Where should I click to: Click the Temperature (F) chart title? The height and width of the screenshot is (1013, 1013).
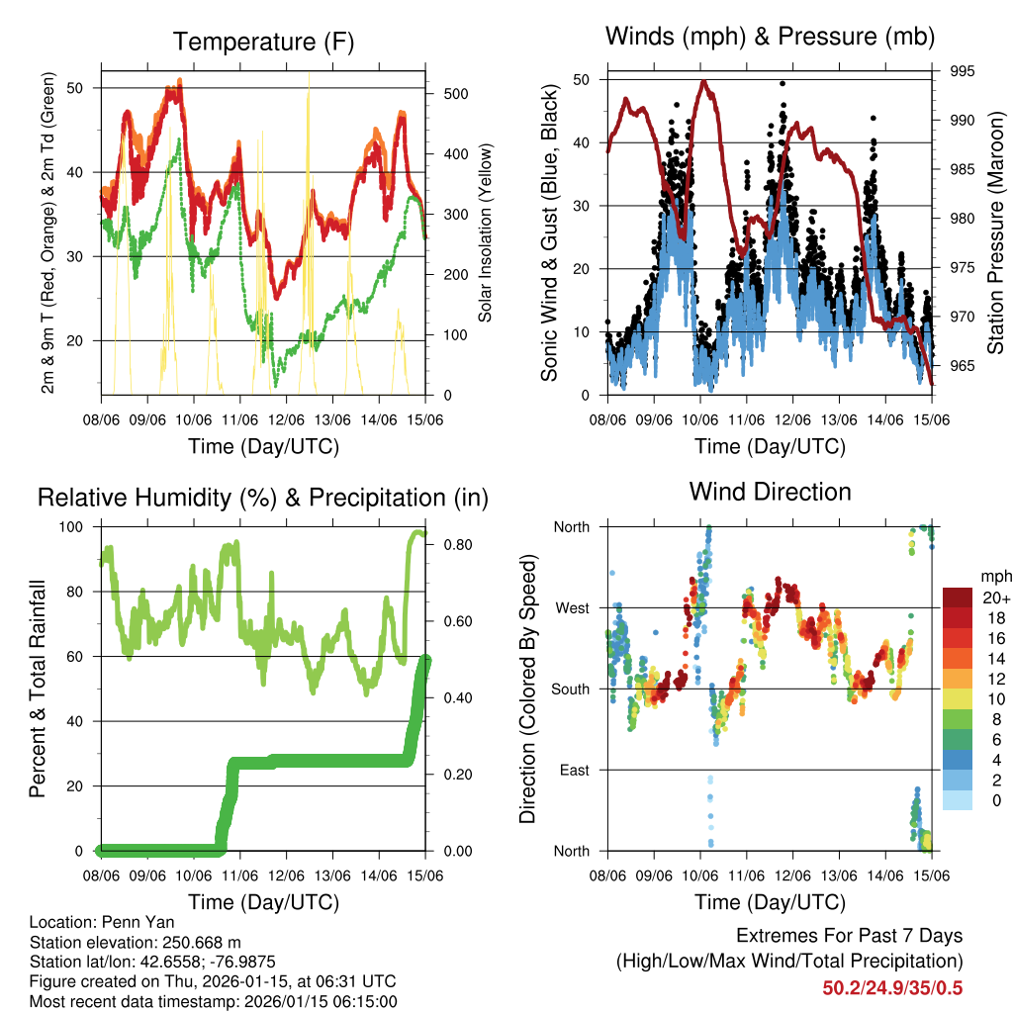point(263,42)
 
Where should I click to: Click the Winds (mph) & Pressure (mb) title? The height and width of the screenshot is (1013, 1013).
point(770,37)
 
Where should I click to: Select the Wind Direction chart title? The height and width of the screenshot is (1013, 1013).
point(770,491)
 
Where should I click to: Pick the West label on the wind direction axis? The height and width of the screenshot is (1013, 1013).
point(572,607)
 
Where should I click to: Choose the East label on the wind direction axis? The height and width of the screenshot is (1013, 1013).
point(573,770)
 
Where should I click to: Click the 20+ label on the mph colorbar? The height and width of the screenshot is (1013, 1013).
point(994,597)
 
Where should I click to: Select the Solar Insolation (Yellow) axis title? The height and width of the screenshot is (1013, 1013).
point(486,232)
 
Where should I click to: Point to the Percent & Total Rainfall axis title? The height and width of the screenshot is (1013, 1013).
point(37,689)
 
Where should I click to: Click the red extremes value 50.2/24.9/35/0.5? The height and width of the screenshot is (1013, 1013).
point(892,988)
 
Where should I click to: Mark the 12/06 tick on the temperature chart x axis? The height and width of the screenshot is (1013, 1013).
point(286,419)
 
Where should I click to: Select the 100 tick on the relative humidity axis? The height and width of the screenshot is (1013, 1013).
point(74,526)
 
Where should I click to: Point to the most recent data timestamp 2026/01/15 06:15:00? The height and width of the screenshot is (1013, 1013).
point(288,1001)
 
